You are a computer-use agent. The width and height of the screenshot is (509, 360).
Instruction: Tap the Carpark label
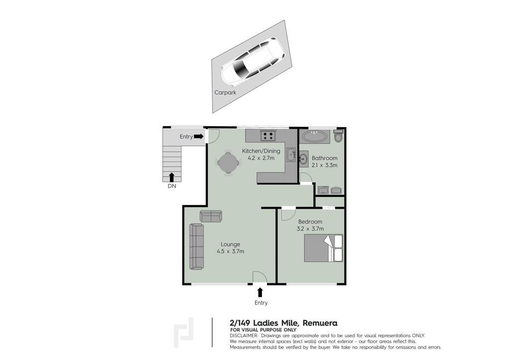pos(225,92)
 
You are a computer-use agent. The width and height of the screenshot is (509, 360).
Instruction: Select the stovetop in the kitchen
pos(268,135)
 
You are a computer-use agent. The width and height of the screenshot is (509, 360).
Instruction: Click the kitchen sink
pos(291,155)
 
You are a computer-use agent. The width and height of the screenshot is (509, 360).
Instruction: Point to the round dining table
pos(229,162)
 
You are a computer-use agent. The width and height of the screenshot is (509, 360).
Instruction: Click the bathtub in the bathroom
pos(315,136)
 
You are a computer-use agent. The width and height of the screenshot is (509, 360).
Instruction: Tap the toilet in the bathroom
pos(339,136)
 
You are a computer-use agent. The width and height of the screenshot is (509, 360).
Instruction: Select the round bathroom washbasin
pos(304,159)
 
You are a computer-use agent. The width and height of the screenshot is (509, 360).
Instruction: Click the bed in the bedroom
pos(324,248)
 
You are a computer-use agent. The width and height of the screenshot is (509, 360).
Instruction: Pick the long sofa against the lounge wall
pos(196,247)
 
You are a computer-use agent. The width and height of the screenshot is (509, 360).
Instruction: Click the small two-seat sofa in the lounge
pos(211,216)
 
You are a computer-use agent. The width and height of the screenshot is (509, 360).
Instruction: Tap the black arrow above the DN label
pos(171,177)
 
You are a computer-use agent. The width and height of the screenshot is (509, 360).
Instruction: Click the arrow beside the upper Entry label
pos(199,137)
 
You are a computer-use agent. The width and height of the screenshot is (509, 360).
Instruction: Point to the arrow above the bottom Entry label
pos(259,292)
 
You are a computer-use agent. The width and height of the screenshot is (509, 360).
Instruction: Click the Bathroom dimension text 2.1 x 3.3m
pos(325,165)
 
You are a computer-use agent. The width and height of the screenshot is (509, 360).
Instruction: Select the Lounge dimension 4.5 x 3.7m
pos(231,251)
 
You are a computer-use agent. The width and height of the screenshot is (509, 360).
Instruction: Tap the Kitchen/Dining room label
pos(261,151)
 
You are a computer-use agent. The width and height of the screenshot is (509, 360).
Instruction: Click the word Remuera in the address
pos(320,323)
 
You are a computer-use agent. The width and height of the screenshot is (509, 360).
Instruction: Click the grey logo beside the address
pos(184,333)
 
